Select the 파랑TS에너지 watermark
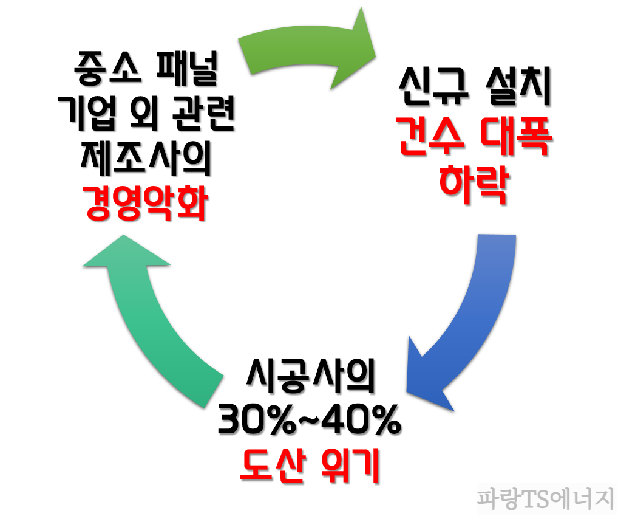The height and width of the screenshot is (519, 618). click(544, 500)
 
